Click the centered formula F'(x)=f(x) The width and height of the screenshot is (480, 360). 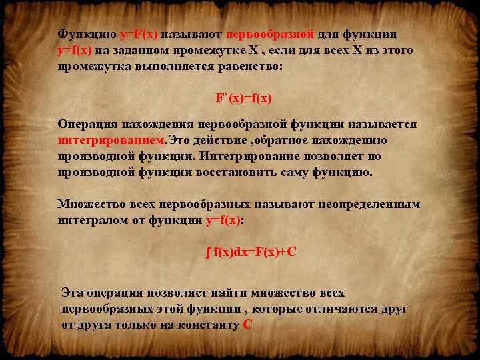coord(243,99)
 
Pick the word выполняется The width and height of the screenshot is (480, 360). coord(165,67)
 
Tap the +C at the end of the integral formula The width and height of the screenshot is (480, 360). coord(287,252)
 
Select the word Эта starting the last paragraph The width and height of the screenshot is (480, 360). coord(73,293)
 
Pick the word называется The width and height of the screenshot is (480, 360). coord(385,125)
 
